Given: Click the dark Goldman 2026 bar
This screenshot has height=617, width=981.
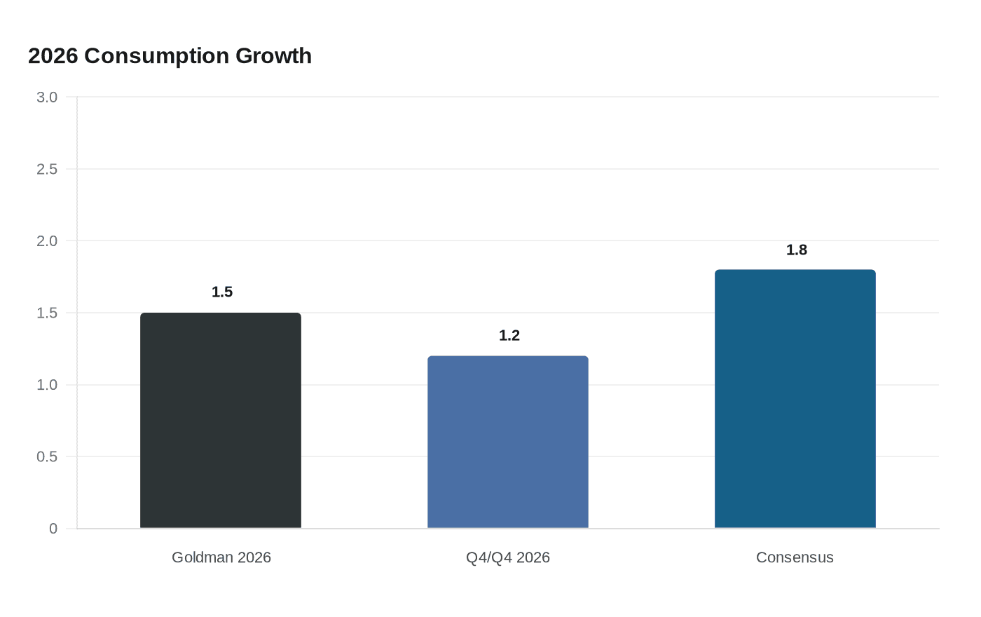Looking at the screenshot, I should click(221, 421).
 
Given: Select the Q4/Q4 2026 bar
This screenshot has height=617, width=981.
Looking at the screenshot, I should click(508, 442).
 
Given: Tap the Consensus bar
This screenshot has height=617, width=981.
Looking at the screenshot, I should click(795, 399).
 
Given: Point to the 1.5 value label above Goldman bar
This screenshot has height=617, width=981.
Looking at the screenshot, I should click(222, 292).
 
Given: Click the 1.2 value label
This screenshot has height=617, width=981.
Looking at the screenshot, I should click(509, 336).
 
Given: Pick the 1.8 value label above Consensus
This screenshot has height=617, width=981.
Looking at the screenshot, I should click(797, 250).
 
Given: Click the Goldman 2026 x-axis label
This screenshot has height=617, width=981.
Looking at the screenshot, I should click(221, 557).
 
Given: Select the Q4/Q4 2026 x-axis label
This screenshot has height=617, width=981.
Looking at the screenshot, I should click(508, 557).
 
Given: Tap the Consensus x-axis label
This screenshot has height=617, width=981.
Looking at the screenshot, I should click(795, 557).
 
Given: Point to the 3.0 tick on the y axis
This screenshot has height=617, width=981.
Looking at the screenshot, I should click(47, 97).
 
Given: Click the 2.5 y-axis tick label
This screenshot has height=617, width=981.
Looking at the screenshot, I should click(47, 170).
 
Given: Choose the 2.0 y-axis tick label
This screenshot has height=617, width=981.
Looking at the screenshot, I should click(47, 241).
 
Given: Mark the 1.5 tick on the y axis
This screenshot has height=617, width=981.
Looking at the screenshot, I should click(47, 313).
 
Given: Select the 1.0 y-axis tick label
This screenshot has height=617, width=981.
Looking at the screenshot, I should click(47, 385).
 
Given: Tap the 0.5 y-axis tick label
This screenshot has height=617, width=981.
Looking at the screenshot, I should click(47, 457).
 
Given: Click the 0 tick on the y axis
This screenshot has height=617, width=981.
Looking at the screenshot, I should click(53, 529).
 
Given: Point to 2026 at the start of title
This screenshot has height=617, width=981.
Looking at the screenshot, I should click(53, 56).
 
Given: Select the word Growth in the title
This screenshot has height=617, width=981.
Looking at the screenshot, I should click(273, 56).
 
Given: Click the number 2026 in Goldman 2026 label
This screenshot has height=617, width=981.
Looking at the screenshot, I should click(254, 557).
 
